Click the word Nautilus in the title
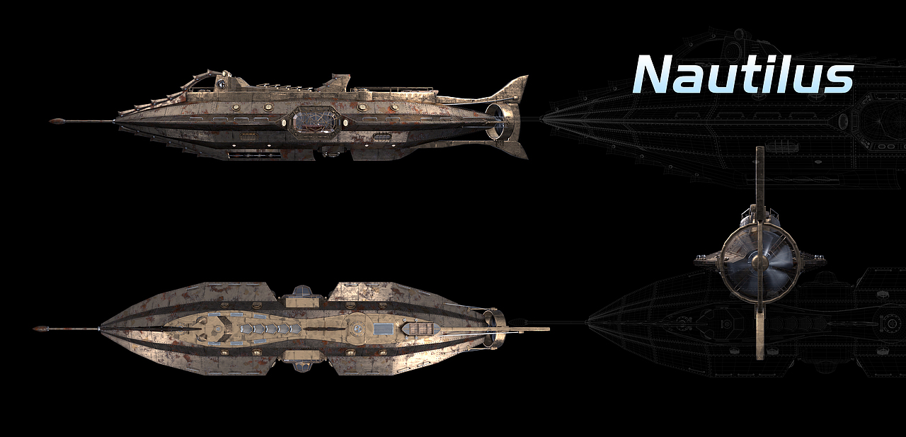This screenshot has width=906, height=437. coord(743,74)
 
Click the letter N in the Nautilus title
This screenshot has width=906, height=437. coord(655,74)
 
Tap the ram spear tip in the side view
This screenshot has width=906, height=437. coord(57,120)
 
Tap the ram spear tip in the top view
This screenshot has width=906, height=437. coord(40,329)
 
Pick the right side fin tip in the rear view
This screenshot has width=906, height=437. coord(823,261)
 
